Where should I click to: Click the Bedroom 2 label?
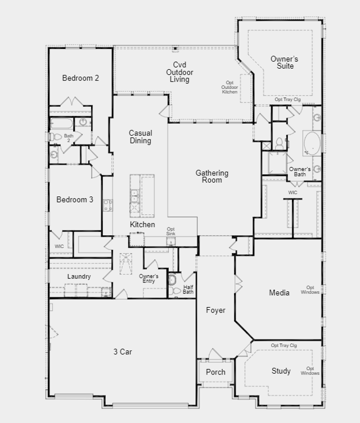point(80,78)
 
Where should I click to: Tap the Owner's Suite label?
point(285,62)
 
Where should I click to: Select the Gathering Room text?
point(212,177)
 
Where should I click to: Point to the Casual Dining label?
point(140,137)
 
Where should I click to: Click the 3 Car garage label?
point(123,352)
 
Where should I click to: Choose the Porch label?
point(215,372)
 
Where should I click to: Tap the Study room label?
point(281,371)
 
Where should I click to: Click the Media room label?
point(279,292)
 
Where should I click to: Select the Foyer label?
point(215,310)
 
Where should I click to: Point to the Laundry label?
point(79,277)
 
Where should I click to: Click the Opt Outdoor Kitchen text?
point(229,87)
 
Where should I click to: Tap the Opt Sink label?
point(170,231)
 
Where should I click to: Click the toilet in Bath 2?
point(55,137)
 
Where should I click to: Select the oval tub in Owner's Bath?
point(312,143)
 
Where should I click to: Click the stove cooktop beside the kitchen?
point(107,205)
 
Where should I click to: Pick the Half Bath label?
point(188,290)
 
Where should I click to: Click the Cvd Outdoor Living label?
point(179,72)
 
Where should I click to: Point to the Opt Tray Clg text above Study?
point(283,345)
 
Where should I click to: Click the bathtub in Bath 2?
point(61,123)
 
